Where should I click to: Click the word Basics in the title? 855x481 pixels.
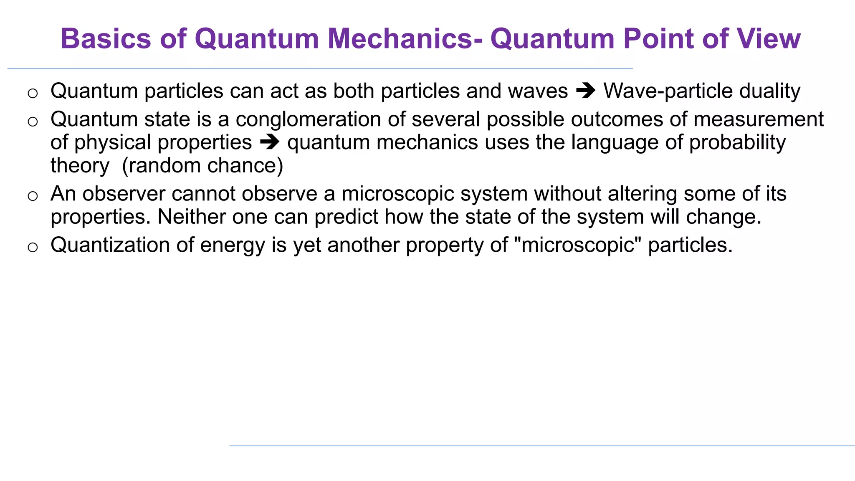point(106,39)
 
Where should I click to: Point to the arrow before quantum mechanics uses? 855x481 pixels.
point(269,142)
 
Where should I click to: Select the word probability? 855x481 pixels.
point(737,143)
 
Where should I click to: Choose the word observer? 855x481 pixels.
point(124,194)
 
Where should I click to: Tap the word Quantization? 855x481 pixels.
point(109,245)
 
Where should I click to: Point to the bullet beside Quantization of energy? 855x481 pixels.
point(33,247)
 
